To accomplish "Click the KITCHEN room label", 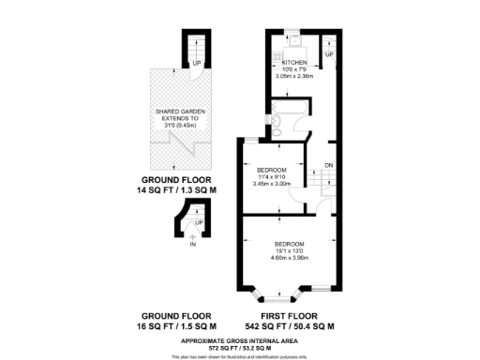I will (x=295, y=63).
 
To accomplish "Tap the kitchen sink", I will (x=294, y=41).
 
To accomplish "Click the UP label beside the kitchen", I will (x=328, y=55).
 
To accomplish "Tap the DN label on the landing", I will (x=328, y=165).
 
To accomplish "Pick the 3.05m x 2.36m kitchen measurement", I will (x=295, y=76).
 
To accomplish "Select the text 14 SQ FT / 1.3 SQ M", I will (x=176, y=190).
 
